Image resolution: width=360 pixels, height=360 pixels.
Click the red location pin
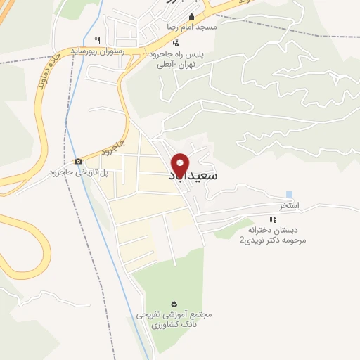pos(180,164)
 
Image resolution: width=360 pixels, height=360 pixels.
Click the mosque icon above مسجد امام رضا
pos(192,16)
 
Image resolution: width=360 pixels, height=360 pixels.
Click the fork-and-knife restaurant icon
pos(98,40)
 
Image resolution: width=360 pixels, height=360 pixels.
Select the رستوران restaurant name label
pos(98,51)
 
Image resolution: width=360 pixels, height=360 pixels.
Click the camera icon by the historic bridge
pos(79,162)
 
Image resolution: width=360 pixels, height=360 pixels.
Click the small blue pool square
pos(289,195)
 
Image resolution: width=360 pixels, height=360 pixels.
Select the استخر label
pos(290,206)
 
